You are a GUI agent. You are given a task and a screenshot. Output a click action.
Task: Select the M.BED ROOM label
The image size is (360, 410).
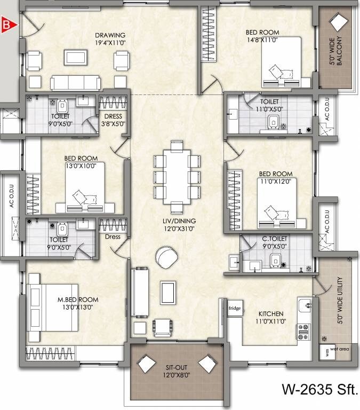click(78, 303)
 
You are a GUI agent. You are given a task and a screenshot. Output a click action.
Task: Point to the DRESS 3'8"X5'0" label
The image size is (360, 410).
click(113, 120)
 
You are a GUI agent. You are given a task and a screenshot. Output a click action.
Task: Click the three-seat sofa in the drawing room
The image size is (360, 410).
click(75, 83)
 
